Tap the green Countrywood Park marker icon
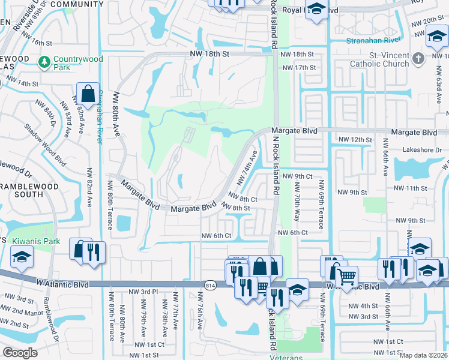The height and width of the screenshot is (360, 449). click(x=44, y=62)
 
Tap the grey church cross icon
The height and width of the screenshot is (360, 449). click(x=419, y=59)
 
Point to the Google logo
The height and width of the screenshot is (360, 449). click(x=20, y=353)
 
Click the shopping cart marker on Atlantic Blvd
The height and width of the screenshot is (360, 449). click(x=346, y=277)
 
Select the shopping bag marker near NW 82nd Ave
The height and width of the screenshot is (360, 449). click(x=88, y=94)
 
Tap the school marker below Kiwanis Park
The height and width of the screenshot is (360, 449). click(x=22, y=258)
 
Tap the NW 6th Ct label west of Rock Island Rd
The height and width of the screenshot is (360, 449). click(x=216, y=236)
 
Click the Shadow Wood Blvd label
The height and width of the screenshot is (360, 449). click(x=45, y=145)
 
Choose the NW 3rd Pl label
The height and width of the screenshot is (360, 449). click(x=143, y=292)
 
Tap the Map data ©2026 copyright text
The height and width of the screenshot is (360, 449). click(x=423, y=355)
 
